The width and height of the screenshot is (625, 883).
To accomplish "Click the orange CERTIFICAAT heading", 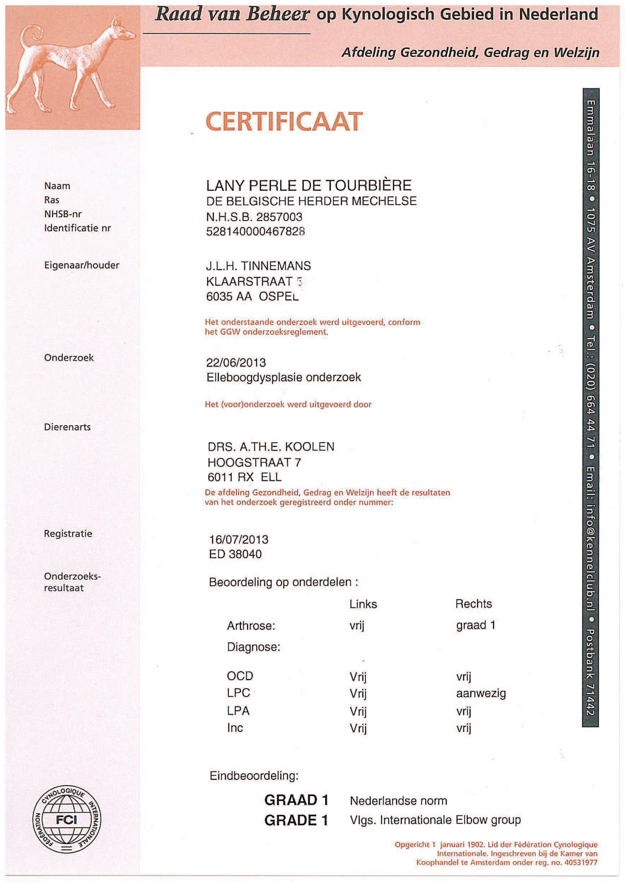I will tap(284, 122).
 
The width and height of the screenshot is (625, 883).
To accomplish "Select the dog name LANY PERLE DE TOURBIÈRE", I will tap(309, 186).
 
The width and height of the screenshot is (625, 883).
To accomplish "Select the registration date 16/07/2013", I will tap(239, 539).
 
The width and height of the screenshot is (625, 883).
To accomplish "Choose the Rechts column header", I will tap(473, 604).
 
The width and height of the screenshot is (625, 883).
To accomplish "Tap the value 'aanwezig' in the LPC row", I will tap(481, 693).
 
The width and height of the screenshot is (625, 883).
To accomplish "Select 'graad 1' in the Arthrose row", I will tap(475, 625).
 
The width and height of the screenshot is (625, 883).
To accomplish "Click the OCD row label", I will tap(240, 676).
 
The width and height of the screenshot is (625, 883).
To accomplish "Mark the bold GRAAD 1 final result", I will tap(296, 800).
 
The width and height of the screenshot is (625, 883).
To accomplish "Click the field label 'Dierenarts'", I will tap(67, 427).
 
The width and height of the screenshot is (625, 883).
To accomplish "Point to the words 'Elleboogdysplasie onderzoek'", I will tap(284, 377).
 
